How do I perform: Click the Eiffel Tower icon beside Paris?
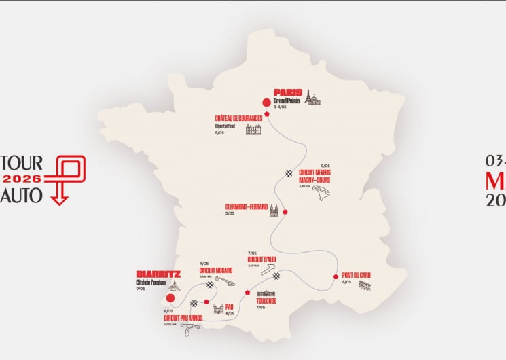tap(310, 97)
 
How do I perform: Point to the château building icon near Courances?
tap(253, 128)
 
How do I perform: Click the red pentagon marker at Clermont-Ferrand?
tap(286, 211)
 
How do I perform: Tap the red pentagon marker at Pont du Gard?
tap(336, 276)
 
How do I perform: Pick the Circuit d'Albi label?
tap(262, 259)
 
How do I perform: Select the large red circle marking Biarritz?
tap(170, 297)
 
